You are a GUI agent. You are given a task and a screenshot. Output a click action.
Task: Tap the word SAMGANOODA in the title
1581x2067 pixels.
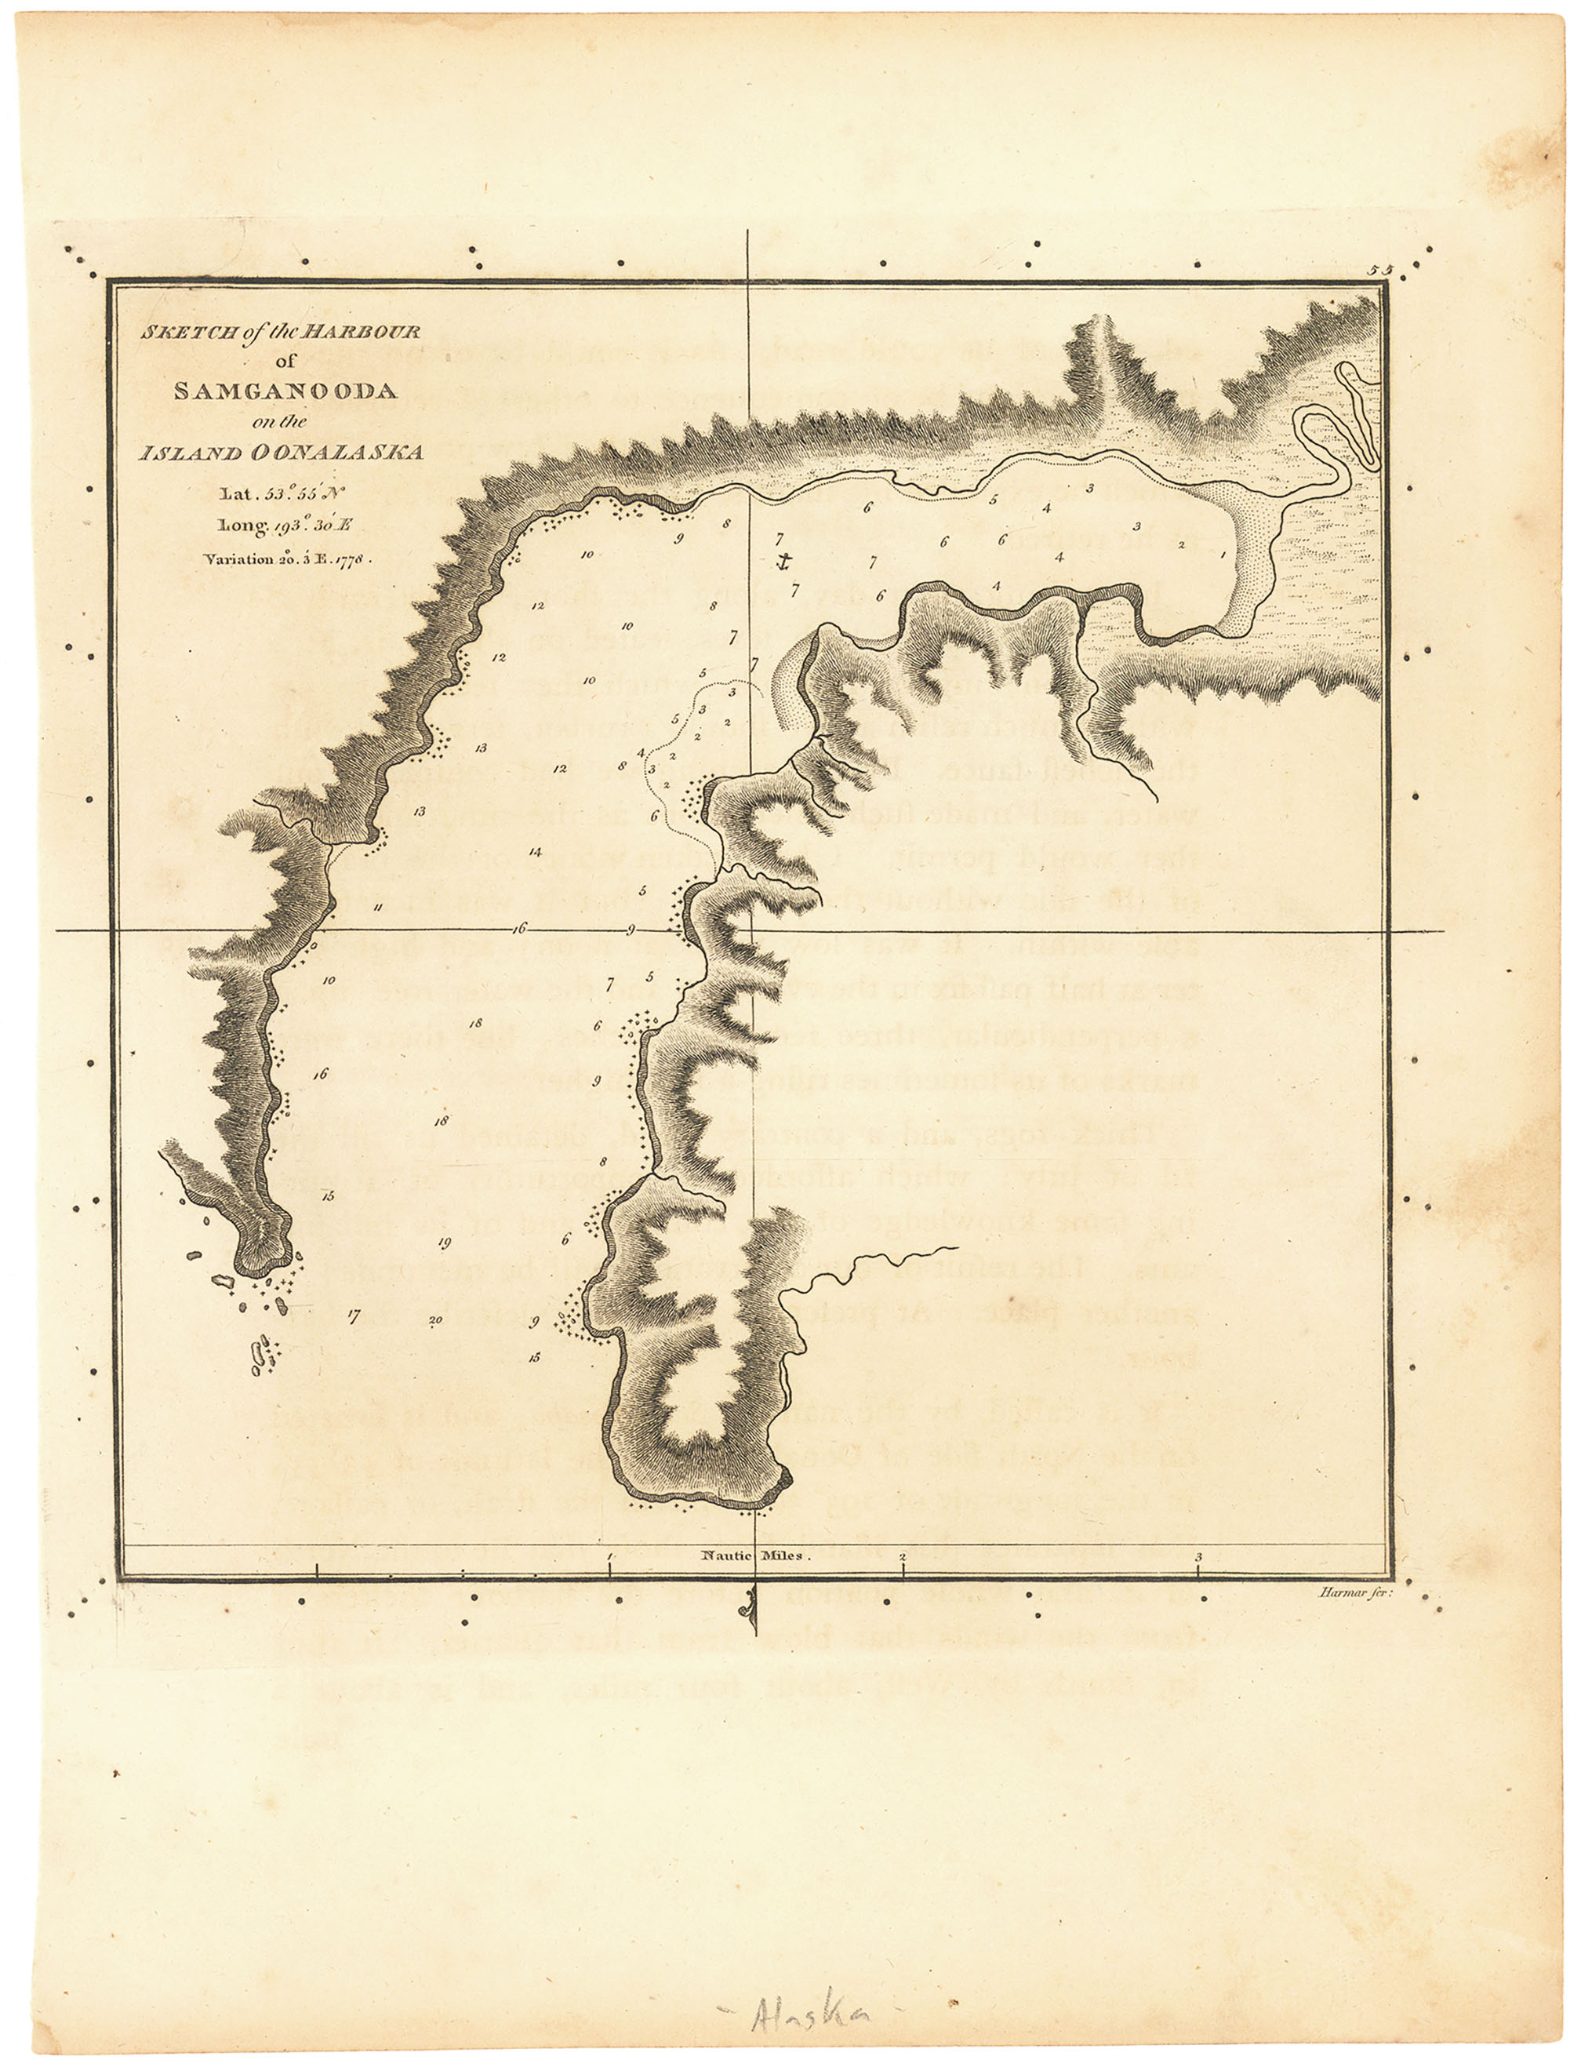[x=285, y=391]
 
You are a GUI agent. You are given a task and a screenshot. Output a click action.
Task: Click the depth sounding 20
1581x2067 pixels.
[x=434, y=1320]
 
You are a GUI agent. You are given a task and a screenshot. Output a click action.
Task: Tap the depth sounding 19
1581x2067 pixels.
[x=444, y=1243]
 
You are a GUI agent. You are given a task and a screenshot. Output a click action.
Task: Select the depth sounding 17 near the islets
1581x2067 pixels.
[x=353, y=1316]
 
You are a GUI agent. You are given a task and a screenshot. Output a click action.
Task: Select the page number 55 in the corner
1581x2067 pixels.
[x=1380, y=270]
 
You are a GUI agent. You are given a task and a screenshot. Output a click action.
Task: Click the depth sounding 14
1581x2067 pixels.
[x=535, y=853]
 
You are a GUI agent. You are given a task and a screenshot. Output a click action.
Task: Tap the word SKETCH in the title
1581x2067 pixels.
[x=183, y=333]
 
